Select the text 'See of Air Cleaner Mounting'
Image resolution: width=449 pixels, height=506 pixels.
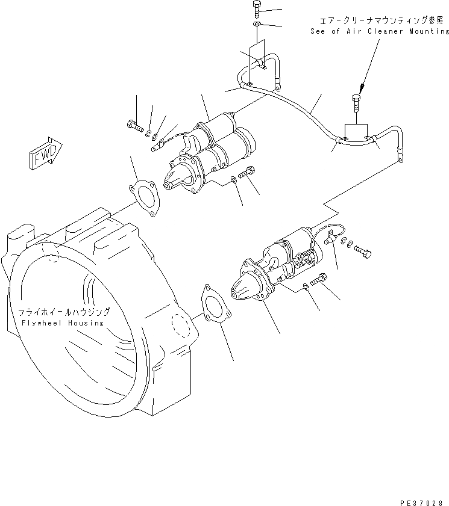[379, 31]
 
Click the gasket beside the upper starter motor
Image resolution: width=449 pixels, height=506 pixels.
[144, 196]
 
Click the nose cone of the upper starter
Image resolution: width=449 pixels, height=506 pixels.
[176, 177]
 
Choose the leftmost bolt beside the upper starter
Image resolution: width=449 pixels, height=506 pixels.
[134, 126]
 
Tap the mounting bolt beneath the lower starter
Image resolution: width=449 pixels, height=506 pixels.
[319, 279]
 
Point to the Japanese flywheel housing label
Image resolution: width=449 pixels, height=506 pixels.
[63, 312]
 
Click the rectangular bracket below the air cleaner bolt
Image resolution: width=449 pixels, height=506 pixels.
[356, 131]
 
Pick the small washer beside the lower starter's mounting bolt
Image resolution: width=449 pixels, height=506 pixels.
[306, 286]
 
